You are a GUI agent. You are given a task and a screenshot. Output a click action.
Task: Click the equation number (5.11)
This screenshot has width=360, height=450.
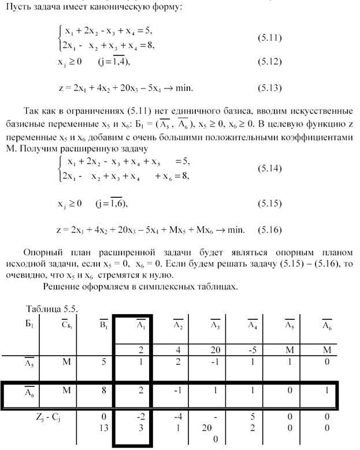(269, 38)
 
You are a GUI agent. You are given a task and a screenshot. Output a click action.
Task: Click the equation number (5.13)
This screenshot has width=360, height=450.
(269, 88)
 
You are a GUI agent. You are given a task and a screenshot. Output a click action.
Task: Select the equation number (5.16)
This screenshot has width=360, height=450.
(269, 230)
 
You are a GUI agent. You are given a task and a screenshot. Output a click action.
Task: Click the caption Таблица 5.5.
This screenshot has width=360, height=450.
(52, 309)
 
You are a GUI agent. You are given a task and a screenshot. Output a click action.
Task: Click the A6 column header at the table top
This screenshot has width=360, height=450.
(326, 324)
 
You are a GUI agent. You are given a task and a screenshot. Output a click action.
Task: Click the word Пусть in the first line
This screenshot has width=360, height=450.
(17, 7)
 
